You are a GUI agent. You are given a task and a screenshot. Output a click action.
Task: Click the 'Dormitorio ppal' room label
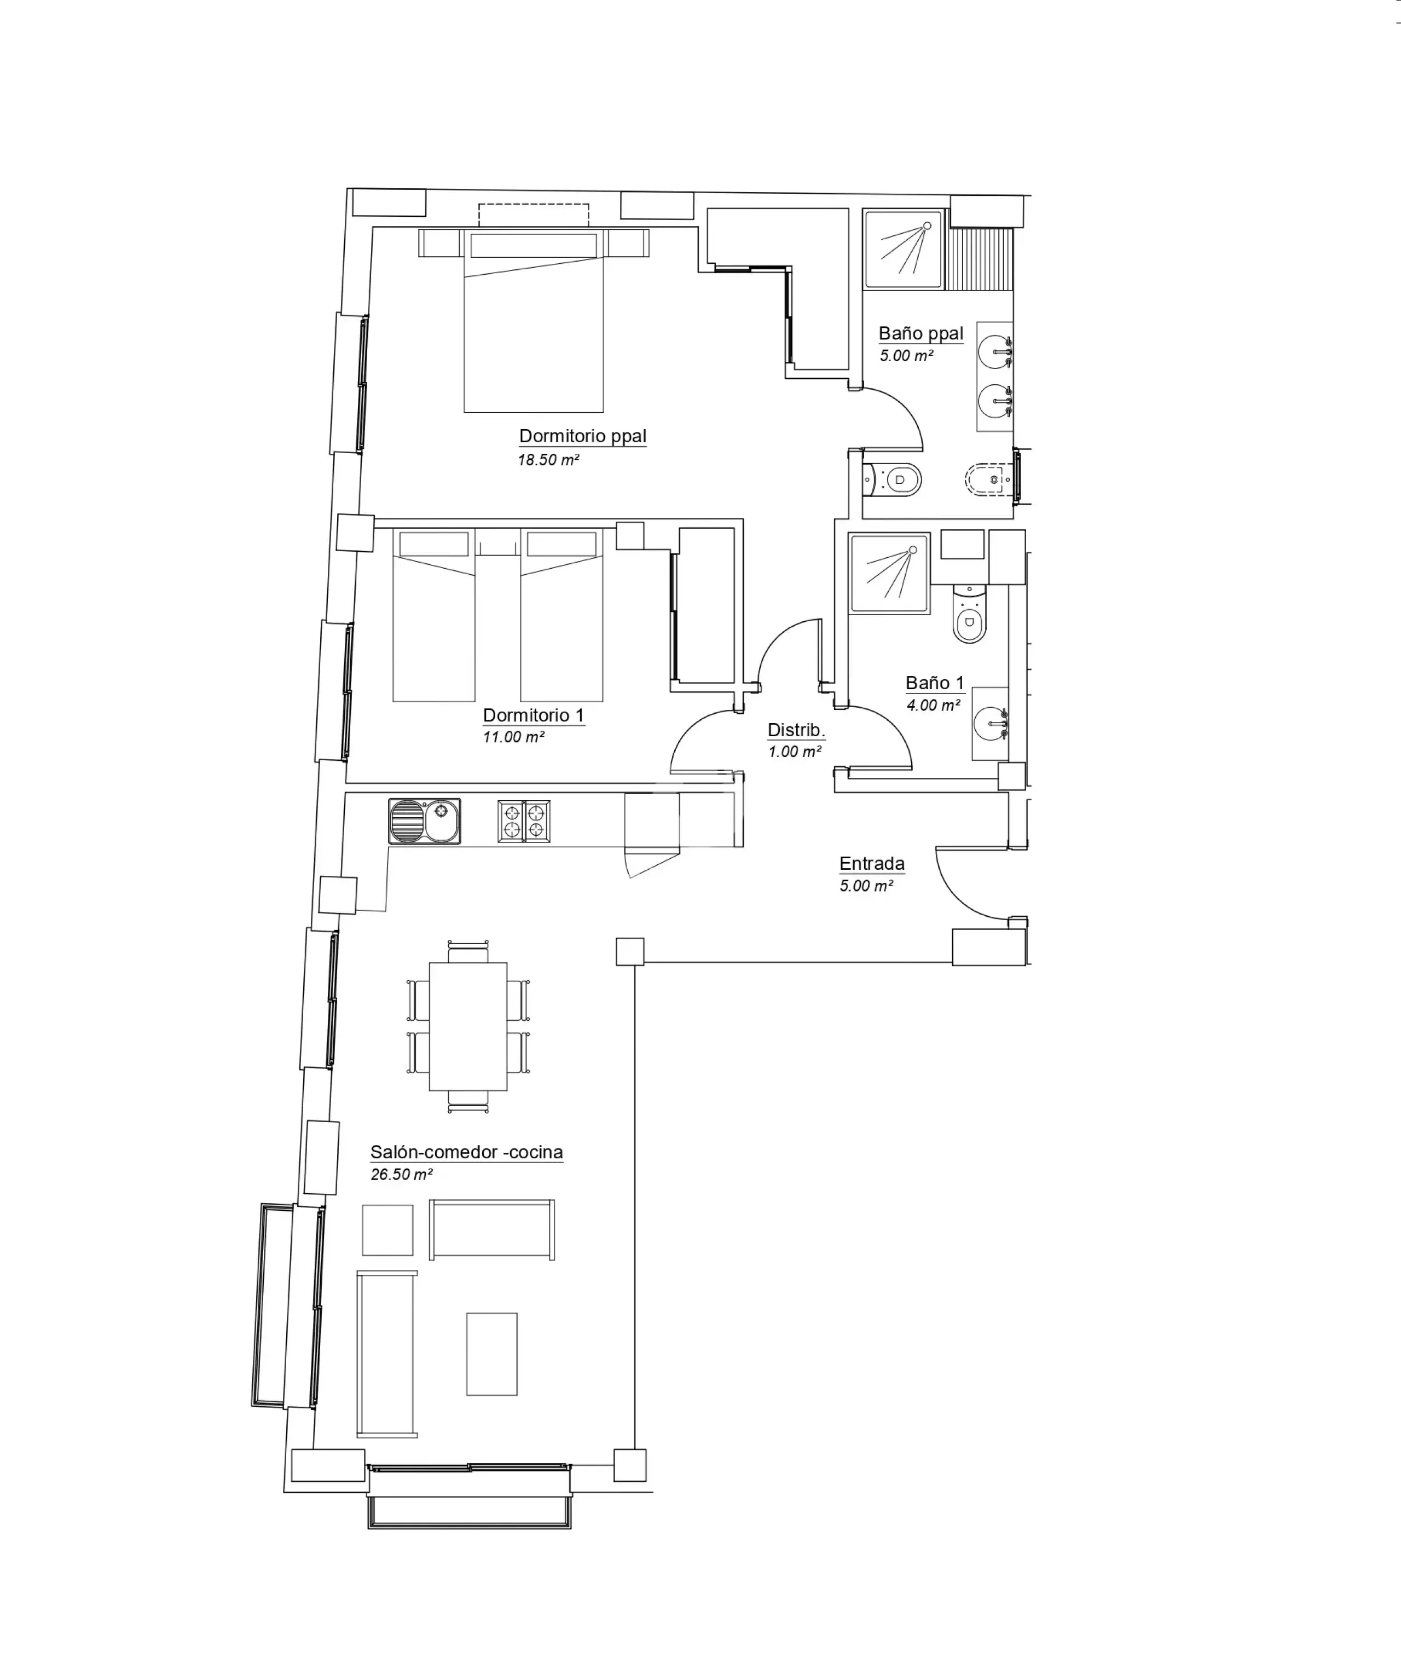click(x=582, y=436)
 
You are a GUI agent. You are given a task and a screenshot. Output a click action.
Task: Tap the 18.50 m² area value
click(x=548, y=460)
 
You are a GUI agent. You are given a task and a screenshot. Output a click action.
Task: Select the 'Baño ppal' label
click(x=921, y=333)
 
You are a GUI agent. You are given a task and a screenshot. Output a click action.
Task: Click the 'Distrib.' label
click(x=796, y=730)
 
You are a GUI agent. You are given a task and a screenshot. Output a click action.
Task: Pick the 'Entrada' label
click(x=871, y=864)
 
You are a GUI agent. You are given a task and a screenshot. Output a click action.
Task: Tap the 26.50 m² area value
click(x=402, y=1175)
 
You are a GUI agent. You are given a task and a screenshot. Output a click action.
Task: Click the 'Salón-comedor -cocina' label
click(x=467, y=1152)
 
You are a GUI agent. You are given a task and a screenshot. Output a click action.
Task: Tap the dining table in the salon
click(x=468, y=1026)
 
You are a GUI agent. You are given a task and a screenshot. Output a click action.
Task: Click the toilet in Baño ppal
click(x=892, y=479)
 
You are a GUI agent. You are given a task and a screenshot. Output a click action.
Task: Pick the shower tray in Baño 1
click(x=889, y=574)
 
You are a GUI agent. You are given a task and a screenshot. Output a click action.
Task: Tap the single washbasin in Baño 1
click(x=990, y=724)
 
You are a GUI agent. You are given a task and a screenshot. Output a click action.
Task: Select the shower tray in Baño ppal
click(x=903, y=249)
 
